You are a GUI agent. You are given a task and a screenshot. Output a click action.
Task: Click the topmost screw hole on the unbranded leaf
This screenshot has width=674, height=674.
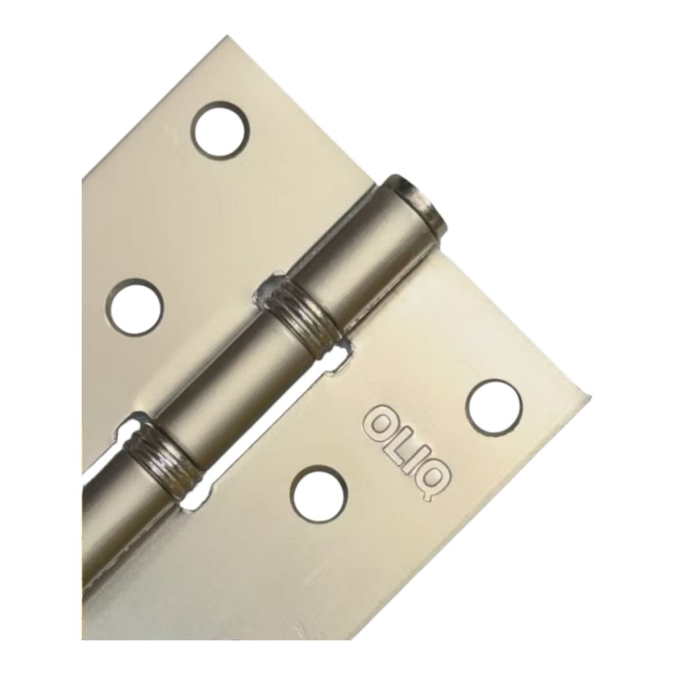click(221, 129)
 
